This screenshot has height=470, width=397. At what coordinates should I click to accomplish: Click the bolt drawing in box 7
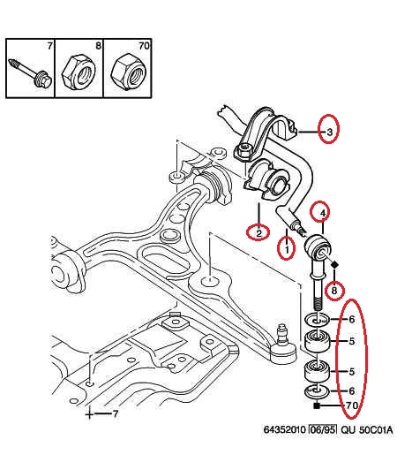point(30,73)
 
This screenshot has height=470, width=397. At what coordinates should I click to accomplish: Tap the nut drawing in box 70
point(127,71)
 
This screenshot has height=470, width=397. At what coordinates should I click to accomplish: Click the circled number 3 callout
point(329,129)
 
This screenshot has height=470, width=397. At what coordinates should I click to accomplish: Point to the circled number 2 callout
point(258,232)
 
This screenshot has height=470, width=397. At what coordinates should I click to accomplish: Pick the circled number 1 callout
point(287,248)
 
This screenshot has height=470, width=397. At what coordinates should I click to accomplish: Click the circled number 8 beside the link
point(334,290)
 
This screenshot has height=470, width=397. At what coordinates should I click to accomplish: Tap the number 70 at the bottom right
point(352,406)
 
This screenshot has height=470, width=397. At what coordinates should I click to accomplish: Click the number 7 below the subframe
point(116,414)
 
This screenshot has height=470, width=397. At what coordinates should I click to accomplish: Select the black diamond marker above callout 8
point(334,264)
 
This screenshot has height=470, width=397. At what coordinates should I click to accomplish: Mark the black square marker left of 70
point(317,406)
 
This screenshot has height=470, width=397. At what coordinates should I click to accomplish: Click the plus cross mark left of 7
point(89,414)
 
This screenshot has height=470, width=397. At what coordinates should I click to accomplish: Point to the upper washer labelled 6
point(317,320)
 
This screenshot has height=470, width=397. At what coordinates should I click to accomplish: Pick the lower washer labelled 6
point(317,391)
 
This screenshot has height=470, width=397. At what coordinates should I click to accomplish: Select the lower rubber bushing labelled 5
point(317,373)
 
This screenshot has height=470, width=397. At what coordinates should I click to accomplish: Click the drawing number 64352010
point(285,429)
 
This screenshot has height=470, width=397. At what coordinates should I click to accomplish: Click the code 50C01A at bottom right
point(376,429)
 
